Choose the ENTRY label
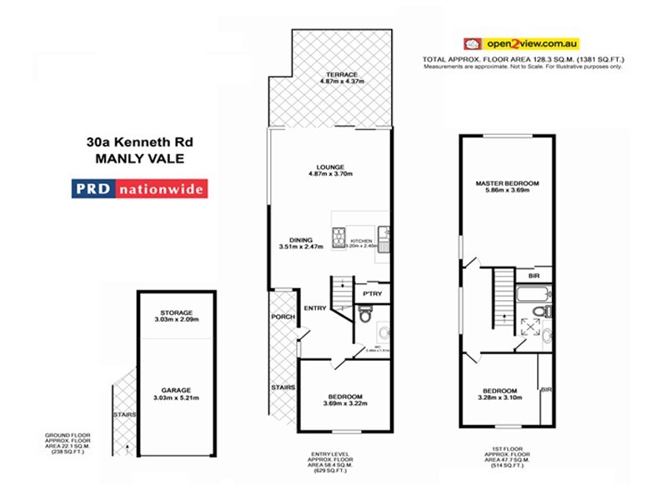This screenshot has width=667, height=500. pyautogui.click(x=315, y=308)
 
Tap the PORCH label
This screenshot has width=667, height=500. pyautogui.click(x=283, y=317)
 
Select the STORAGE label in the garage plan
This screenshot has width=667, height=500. pyautogui.click(x=176, y=312)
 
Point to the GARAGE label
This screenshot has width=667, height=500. pyautogui.click(x=176, y=390)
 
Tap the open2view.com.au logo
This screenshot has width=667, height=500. pyautogui.click(x=521, y=42)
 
